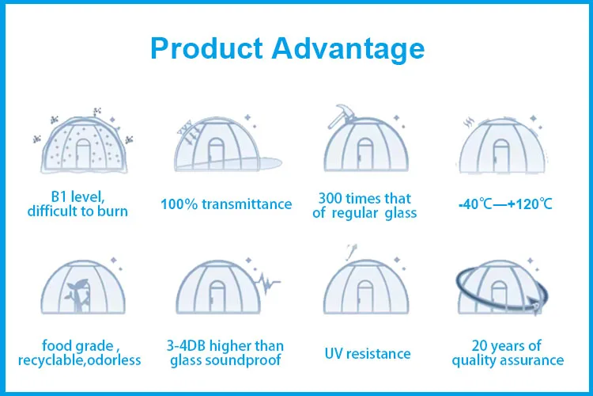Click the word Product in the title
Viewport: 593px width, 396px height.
point(206,48)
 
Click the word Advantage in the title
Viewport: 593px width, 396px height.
point(348,49)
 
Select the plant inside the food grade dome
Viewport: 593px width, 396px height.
point(77,295)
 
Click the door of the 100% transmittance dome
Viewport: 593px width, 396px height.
point(216,154)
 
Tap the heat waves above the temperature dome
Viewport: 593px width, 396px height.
point(469,122)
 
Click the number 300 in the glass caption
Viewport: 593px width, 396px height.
point(330,198)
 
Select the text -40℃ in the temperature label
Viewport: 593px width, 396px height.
point(475,204)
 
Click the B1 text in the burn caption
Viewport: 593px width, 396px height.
point(59,196)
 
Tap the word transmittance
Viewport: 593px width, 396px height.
point(247,204)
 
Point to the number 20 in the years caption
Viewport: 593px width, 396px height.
point(480,345)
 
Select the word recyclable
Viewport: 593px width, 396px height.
point(52,360)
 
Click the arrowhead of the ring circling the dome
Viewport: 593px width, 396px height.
point(536,306)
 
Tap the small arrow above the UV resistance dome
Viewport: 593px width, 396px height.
point(351,252)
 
